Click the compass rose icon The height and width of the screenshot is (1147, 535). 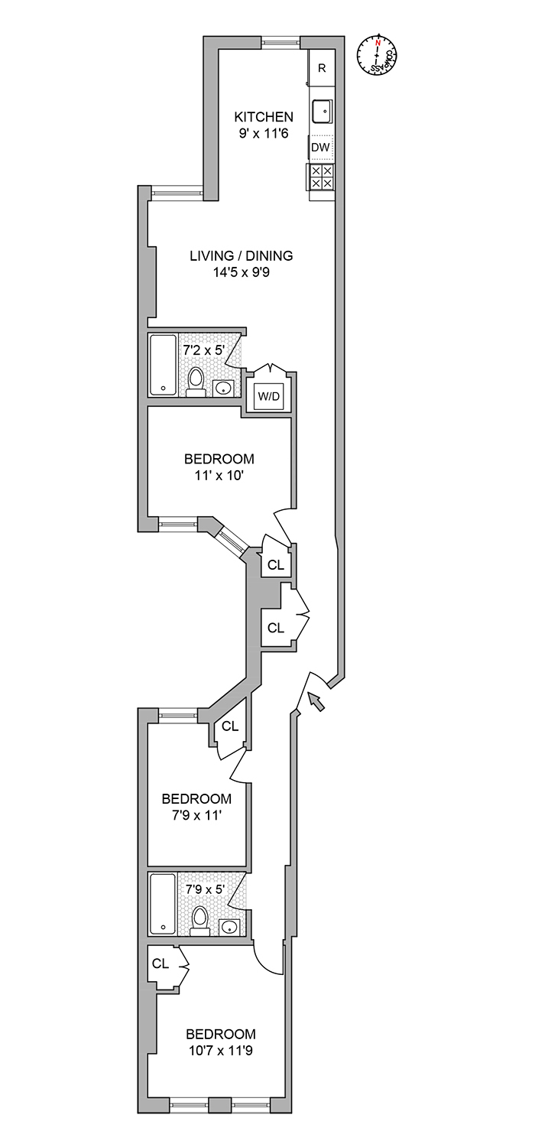tap(377, 56)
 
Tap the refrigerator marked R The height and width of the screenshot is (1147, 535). tap(322, 68)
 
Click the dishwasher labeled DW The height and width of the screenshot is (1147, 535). tap(322, 147)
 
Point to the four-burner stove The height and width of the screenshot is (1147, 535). tap(322, 177)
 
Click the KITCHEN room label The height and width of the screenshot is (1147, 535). tap(263, 117)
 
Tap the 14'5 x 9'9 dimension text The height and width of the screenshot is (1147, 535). tap(242, 272)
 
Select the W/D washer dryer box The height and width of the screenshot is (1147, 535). tap(269, 395)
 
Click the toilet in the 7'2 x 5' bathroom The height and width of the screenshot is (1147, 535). tap(196, 381)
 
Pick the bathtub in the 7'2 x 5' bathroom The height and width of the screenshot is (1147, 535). tap(162, 364)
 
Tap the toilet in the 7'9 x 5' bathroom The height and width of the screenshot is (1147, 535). tap(199, 920)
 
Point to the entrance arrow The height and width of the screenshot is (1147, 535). tap(316, 700)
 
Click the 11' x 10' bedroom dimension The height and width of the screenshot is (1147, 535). tap(219, 475)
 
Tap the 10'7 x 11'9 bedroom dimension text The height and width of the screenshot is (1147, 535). tap(220, 1051)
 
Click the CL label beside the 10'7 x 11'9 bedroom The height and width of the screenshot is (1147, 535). tap(160, 963)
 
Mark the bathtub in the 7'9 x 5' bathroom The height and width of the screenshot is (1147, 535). tap(162, 903)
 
